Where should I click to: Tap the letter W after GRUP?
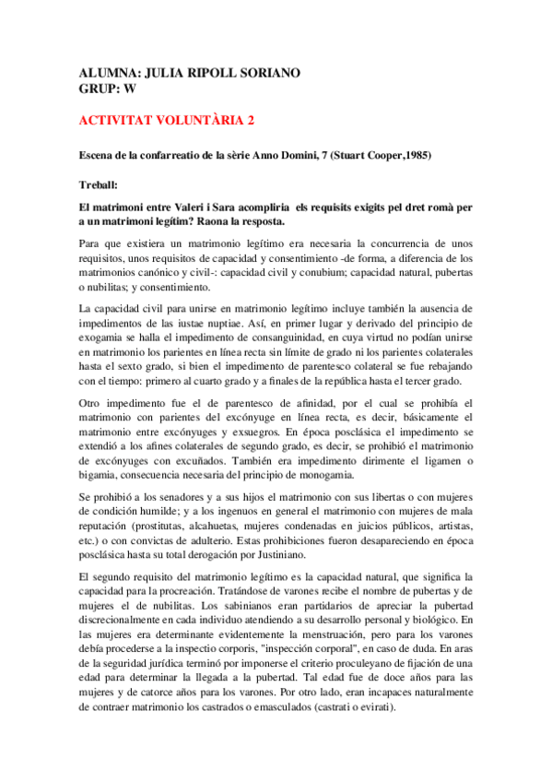(x=131, y=89)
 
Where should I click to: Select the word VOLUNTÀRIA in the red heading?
(x=189, y=120)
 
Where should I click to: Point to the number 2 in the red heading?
(x=249, y=120)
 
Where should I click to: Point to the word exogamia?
(x=105, y=337)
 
